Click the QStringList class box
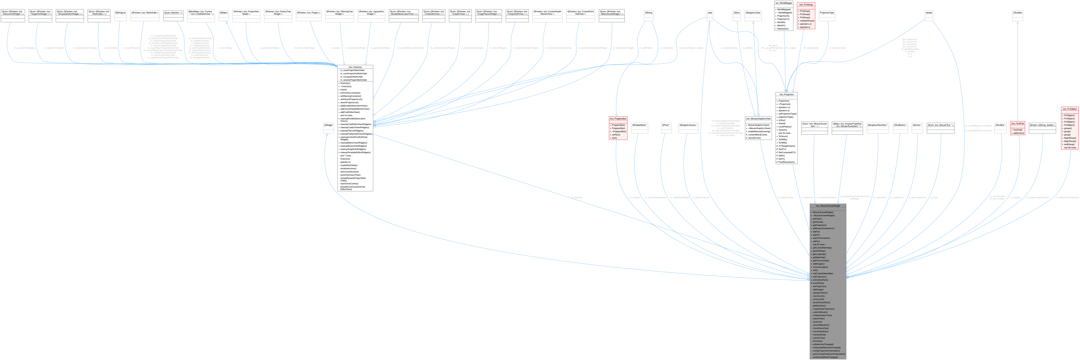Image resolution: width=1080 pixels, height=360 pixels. [120, 13]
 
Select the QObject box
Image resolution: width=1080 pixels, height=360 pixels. [223, 13]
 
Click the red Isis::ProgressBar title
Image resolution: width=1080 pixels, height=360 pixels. [618, 119]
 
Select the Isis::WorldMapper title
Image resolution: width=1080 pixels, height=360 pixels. [783, 3]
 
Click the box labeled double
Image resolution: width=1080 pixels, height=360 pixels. [929, 13]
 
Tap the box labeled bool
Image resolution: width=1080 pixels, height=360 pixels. [710, 13]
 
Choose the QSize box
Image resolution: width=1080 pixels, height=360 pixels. [737, 13]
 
